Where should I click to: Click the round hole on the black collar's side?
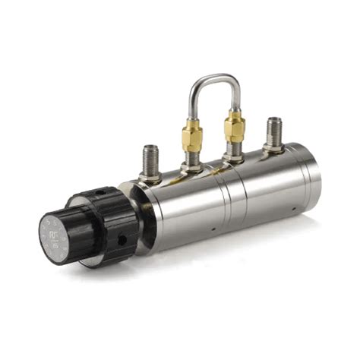click(x=122, y=239)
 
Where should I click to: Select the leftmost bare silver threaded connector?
click(x=151, y=159)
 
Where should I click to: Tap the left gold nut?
click(x=191, y=137)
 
